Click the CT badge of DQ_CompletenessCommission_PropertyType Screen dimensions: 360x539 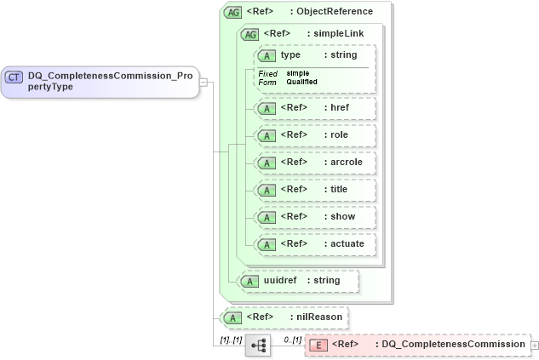point(14,77)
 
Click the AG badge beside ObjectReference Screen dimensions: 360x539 point(232,12)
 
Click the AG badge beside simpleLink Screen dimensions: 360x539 point(250,34)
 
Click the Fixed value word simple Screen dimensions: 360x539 point(298,73)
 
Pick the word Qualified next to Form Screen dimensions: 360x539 point(302,82)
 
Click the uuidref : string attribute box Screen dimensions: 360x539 point(298,280)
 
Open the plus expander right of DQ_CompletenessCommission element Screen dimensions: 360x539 point(534,345)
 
